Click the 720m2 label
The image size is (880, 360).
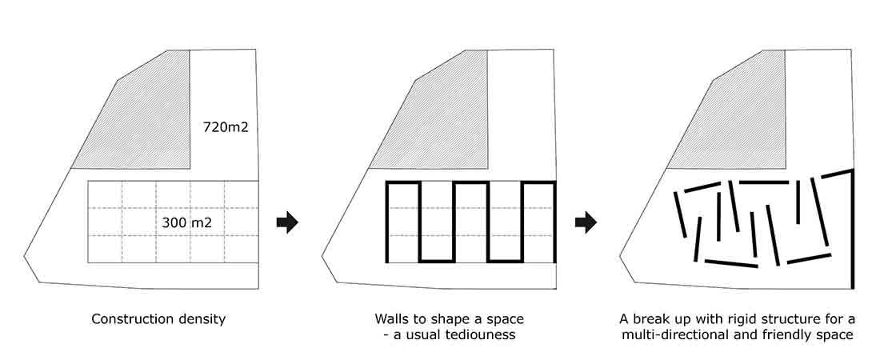pos(226,128)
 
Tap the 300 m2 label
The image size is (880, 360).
pos(187,222)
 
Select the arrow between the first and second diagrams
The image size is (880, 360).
pos(286,222)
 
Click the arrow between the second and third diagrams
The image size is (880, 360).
pos(586,222)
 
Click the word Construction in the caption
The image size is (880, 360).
pos(130,319)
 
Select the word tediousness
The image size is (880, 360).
pos(479,335)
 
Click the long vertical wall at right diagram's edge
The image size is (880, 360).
pos(853,229)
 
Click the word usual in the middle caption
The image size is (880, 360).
pos(420,335)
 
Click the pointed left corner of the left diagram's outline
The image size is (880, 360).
pos(24,257)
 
